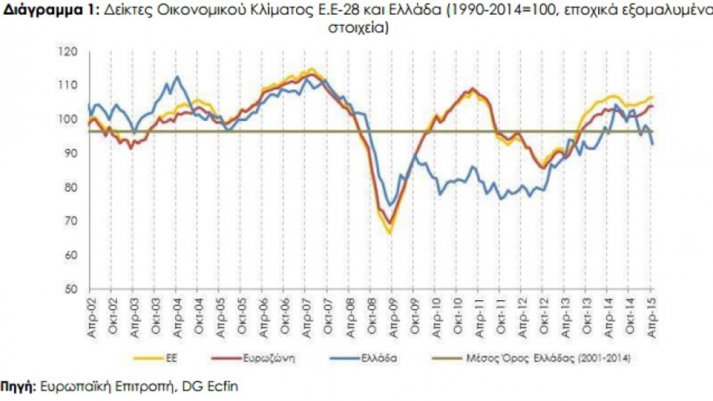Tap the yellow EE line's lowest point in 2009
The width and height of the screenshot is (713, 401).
389,233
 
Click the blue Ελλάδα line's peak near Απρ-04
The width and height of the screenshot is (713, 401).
177,77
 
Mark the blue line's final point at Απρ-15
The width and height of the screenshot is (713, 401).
652,144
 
